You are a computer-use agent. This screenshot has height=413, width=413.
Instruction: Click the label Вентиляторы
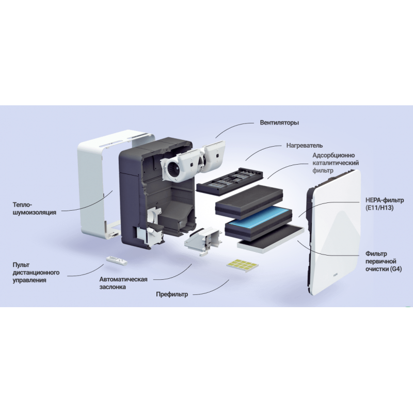coord(279,123)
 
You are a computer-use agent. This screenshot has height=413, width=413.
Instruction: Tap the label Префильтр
coord(172,294)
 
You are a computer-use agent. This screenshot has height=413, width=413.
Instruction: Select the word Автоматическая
coord(123,279)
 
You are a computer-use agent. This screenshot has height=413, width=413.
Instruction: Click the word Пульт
coord(22,265)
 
